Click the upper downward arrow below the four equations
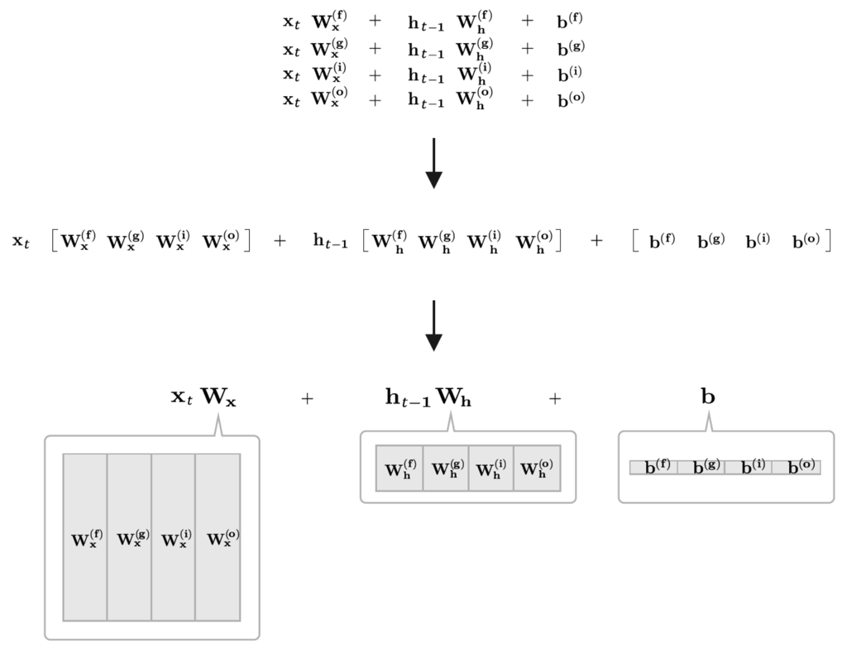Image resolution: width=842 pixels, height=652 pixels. click(433, 163)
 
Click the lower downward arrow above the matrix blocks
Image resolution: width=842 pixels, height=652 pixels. click(433, 325)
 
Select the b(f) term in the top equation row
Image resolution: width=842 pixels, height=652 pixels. click(570, 21)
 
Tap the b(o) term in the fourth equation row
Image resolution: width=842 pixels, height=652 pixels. click(571, 99)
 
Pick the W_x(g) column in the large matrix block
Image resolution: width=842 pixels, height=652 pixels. click(129, 537)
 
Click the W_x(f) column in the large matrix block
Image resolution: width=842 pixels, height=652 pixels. click(85, 537)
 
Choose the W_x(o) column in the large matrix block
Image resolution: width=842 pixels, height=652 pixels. click(218, 537)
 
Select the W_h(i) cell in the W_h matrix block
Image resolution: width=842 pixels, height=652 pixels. click(490, 467)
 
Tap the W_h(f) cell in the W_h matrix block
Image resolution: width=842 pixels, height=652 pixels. click(399, 467)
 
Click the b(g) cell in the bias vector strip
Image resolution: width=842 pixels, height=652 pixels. click(701, 467)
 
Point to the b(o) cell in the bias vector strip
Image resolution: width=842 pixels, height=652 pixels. click(797, 467)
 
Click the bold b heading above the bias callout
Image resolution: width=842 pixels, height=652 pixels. click(708, 396)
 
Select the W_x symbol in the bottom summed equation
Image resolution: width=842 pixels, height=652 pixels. click(218, 398)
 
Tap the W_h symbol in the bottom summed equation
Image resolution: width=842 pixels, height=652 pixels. click(454, 398)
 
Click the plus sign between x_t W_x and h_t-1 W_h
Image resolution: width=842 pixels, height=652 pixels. click(307, 399)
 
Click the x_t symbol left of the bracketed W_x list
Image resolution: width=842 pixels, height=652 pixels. click(21, 241)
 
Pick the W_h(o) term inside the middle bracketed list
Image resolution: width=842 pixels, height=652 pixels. click(534, 241)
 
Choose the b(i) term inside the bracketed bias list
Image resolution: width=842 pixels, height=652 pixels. click(758, 241)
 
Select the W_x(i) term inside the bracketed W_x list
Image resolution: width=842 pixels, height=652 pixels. click(173, 241)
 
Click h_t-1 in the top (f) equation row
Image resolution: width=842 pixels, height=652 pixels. click(426, 24)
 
